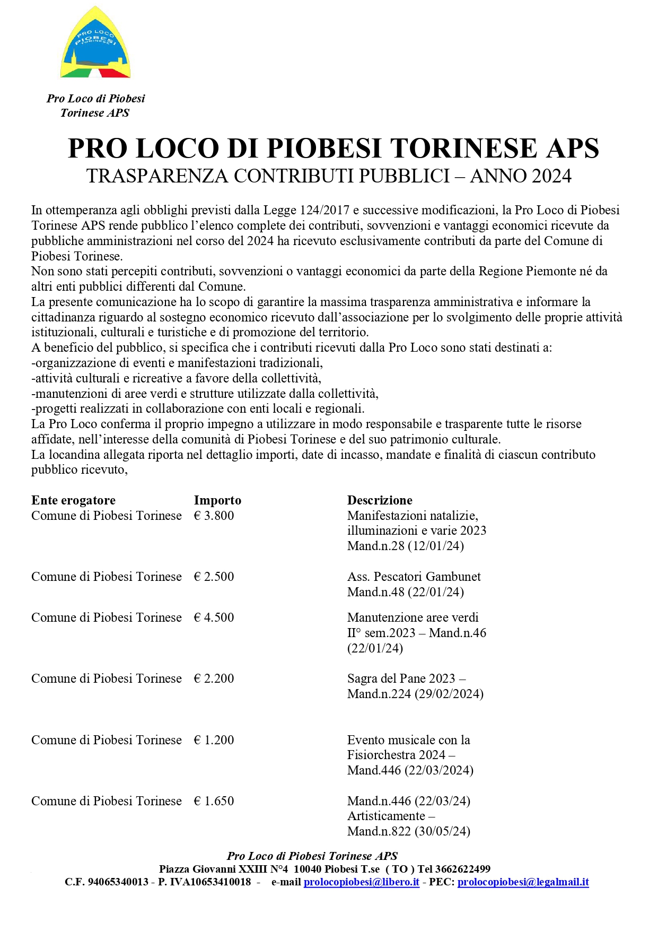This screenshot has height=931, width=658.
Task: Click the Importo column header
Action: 217,500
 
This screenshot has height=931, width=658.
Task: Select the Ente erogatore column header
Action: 73,500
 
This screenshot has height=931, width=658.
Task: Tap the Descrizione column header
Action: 380,500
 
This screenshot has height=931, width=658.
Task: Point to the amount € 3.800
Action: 214,516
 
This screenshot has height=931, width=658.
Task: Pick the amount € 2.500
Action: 214,577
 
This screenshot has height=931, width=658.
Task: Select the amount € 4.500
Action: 214,617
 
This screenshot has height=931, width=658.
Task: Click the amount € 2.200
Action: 214,678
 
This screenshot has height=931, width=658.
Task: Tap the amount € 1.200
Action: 214,740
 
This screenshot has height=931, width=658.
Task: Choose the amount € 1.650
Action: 214,801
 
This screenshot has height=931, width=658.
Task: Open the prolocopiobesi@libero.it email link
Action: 361,882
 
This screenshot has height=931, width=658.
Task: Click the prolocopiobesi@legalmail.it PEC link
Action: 523,882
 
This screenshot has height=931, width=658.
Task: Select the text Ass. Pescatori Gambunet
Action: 414,577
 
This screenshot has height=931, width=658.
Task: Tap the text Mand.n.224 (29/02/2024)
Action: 415,694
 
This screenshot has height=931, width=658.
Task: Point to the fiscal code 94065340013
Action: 118,882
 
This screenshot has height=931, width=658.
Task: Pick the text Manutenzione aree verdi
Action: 413,617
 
